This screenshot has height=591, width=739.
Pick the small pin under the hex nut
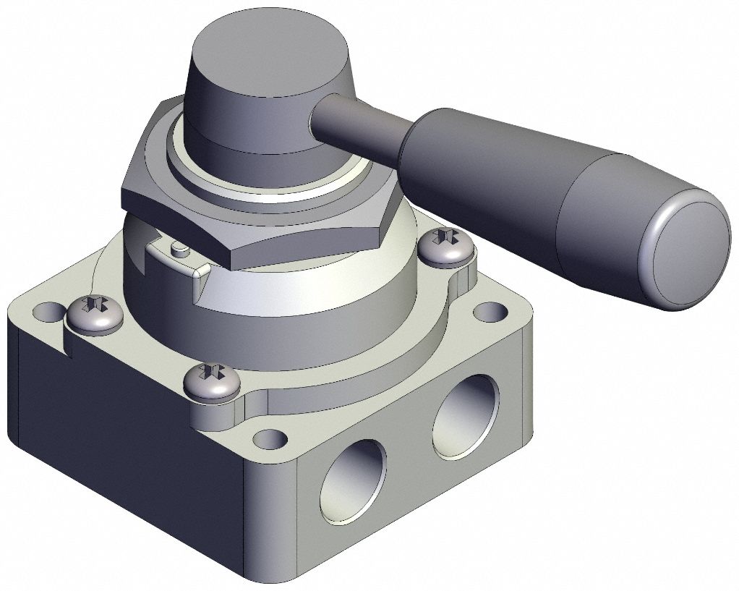tap(179, 250)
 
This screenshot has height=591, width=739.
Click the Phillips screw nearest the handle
tap(446, 246)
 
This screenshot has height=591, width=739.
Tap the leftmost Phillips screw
tap(95, 312)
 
